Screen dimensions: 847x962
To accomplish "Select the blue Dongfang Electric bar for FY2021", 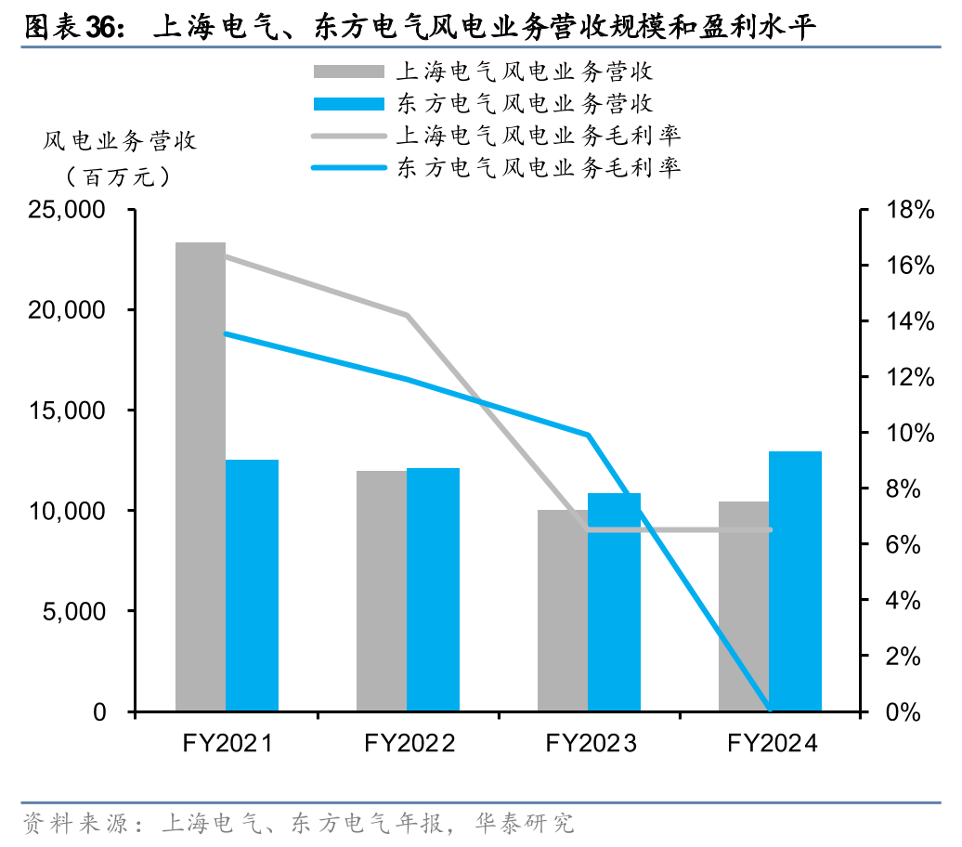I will [x=252, y=585].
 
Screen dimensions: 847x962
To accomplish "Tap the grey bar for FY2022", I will [x=382, y=591].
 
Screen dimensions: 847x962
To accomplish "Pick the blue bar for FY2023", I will [x=615, y=602].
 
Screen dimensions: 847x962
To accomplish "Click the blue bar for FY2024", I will [x=795, y=581].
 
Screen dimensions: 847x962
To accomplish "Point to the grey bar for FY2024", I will [x=744, y=606].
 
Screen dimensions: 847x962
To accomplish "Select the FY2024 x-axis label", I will [x=772, y=743].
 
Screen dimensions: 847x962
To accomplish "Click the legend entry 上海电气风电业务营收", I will [x=525, y=72].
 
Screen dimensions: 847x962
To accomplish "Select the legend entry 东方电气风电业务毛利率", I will [x=539, y=168].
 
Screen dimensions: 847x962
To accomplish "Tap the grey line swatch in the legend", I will [x=348, y=137].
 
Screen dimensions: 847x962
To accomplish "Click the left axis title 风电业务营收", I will [x=120, y=141].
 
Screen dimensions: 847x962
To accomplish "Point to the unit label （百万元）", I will [x=118, y=176].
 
